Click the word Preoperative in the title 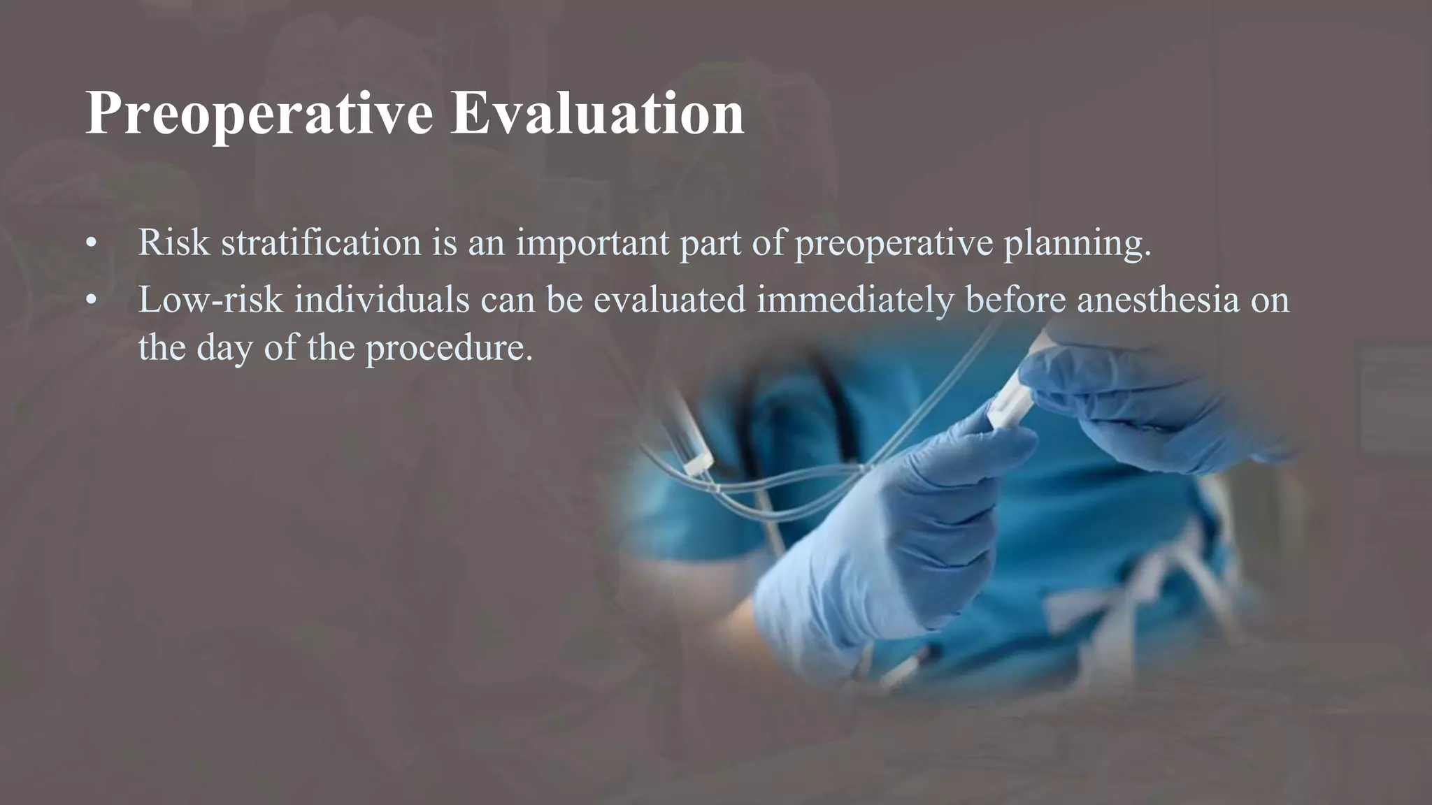pos(259,113)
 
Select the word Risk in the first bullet pos(173,242)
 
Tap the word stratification pos(321,242)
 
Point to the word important pos(593,242)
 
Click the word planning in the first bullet pos(1077,242)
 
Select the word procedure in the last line pos(449,347)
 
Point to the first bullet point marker pos(91,244)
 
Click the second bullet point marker pos(91,300)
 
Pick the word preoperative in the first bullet pos(894,242)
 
